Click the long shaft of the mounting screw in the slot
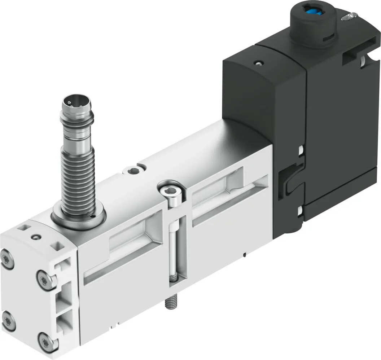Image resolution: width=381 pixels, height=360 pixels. [175, 253]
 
